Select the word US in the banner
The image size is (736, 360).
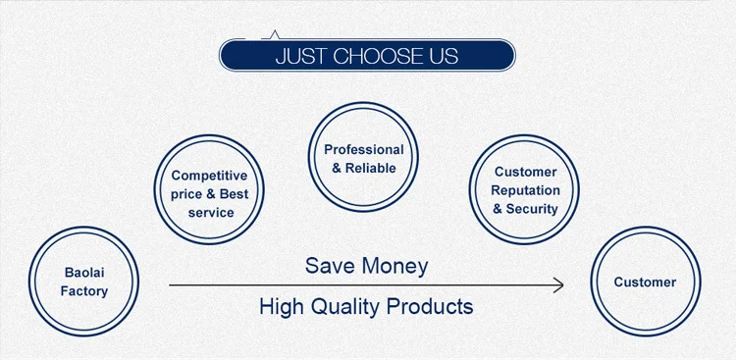pos(445,56)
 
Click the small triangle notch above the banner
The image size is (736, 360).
pos(275,34)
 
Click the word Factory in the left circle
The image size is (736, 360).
pos(84,291)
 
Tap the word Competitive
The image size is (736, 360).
pos(209,176)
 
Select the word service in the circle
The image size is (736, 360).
pos(211,213)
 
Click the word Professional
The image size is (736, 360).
pos(364,150)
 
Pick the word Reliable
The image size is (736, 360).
pos(371,168)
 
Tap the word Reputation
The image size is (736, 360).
pos(525,191)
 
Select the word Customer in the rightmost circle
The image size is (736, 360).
pos(645,283)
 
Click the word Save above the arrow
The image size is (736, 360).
pos(329,266)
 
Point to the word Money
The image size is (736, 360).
pos(394,267)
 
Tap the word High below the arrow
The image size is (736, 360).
pos(281,307)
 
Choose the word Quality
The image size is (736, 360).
pos(345,307)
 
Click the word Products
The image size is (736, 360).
pos(430,307)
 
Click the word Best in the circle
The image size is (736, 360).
pos(234,194)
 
